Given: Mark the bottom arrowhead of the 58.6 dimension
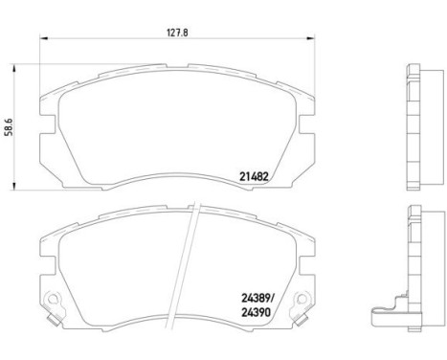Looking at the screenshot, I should [21, 183].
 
